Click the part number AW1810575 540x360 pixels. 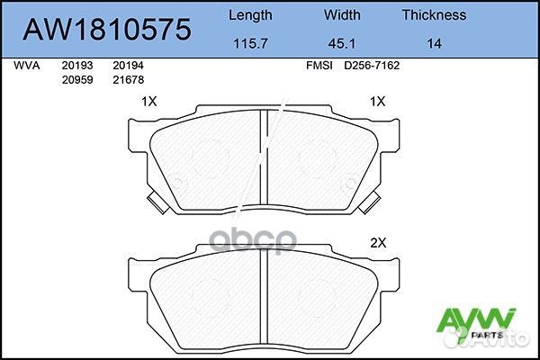point(107,29)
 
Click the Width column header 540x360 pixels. point(342,14)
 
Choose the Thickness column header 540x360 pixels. point(434,14)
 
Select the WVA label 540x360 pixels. point(26,66)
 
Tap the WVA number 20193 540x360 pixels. point(76,66)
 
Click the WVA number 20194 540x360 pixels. point(129,66)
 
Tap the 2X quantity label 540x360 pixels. point(378,243)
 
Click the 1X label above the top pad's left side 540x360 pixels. point(150,103)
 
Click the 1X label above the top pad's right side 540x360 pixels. point(378,103)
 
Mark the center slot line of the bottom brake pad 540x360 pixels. point(262,297)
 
